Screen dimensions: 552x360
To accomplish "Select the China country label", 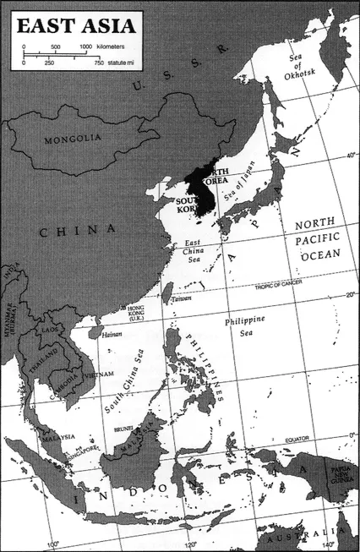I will tap(77, 230).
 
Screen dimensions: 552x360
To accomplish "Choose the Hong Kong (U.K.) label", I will tap(135, 314).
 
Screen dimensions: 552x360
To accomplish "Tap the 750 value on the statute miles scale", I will tap(98, 63).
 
